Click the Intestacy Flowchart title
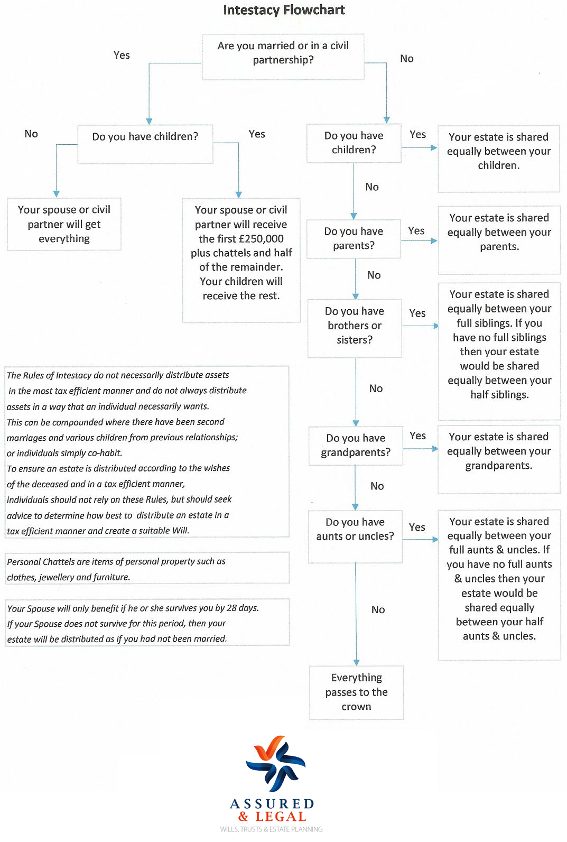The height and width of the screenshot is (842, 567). coord(284,10)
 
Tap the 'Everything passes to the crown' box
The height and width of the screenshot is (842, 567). coord(356,692)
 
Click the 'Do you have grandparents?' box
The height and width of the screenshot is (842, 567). coord(356,445)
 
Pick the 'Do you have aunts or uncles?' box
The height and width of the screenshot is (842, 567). coord(355,530)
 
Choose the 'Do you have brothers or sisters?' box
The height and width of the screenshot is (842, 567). coord(355,326)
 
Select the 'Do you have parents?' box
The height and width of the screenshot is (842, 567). coord(354,238)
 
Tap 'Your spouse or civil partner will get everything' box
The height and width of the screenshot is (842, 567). coord(64,224)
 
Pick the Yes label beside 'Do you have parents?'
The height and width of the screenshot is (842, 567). coord(416,231)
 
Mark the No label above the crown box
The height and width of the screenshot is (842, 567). coord(378,609)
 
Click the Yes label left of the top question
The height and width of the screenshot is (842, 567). coord(122,55)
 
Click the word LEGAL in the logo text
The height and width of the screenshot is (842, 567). coord(281,817)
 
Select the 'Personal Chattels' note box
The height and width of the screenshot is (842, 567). coord(147,569)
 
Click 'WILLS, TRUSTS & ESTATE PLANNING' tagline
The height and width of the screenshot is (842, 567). coord(271,829)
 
